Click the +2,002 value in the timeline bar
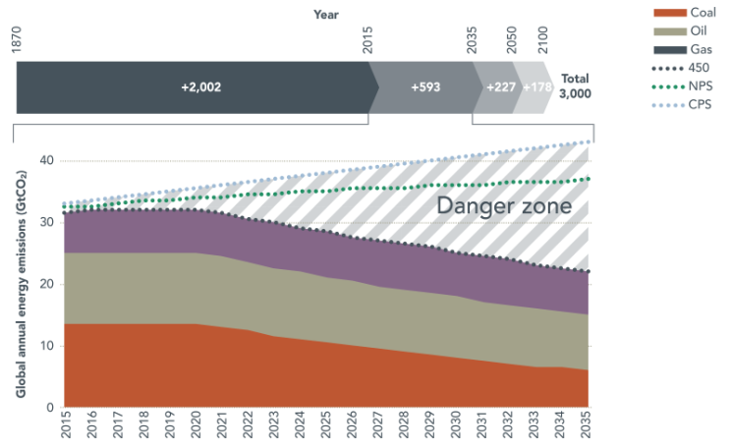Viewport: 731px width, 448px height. [x=200, y=86]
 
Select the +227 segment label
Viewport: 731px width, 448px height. [x=501, y=86]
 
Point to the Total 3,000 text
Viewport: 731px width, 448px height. [x=575, y=85]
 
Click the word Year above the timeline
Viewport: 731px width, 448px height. [x=326, y=14]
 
